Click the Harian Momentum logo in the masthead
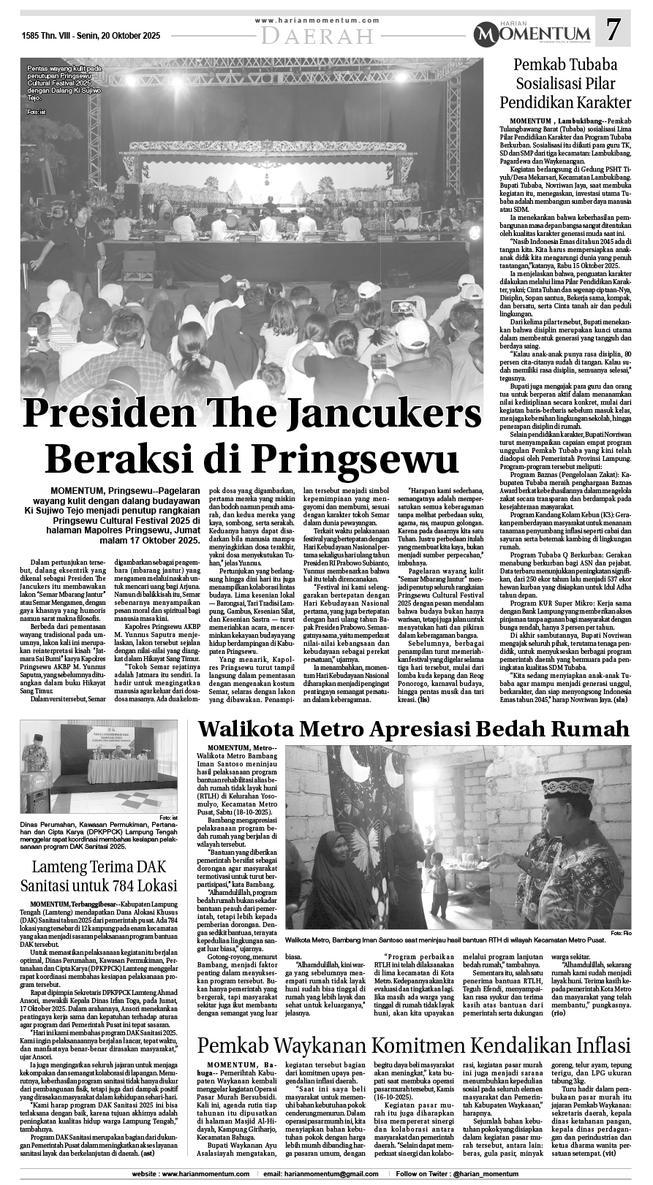(531, 33)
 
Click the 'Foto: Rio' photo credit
(620, 934)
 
